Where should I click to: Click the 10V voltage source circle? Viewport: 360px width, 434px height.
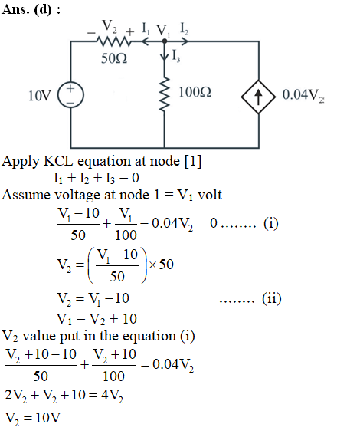(x=70, y=95)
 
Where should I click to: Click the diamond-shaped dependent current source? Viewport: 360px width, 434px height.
(x=258, y=97)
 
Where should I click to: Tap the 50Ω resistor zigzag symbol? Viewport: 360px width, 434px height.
(x=113, y=41)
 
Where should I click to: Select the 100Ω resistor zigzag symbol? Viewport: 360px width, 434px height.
(x=165, y=94)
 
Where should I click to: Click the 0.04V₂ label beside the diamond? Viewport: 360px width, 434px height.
(x=303, y=96)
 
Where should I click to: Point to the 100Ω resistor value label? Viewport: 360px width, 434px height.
(x=195, y=92)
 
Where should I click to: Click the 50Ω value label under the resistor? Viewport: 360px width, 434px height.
(x=114, y=58)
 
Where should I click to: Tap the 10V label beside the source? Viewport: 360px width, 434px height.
(x=40, y=96)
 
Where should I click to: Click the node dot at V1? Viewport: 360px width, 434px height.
(x=165, y=41)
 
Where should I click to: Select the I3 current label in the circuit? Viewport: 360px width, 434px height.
(x=176, y=56)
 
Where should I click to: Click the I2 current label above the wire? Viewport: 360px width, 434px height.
(x=184, y=29)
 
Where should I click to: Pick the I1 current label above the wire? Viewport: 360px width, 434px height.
(x=146, y=28)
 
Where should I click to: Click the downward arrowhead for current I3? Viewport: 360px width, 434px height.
(x=165, y=57)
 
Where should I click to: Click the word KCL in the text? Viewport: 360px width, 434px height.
(x=58, y=161)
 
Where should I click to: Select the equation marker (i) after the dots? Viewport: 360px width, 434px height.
(x=270, y=224)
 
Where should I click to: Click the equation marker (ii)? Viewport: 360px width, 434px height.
(x=272, y=298)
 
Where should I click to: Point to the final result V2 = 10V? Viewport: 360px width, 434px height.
(x=33, y=418)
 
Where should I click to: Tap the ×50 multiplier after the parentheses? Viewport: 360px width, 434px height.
(x=161, y=265)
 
